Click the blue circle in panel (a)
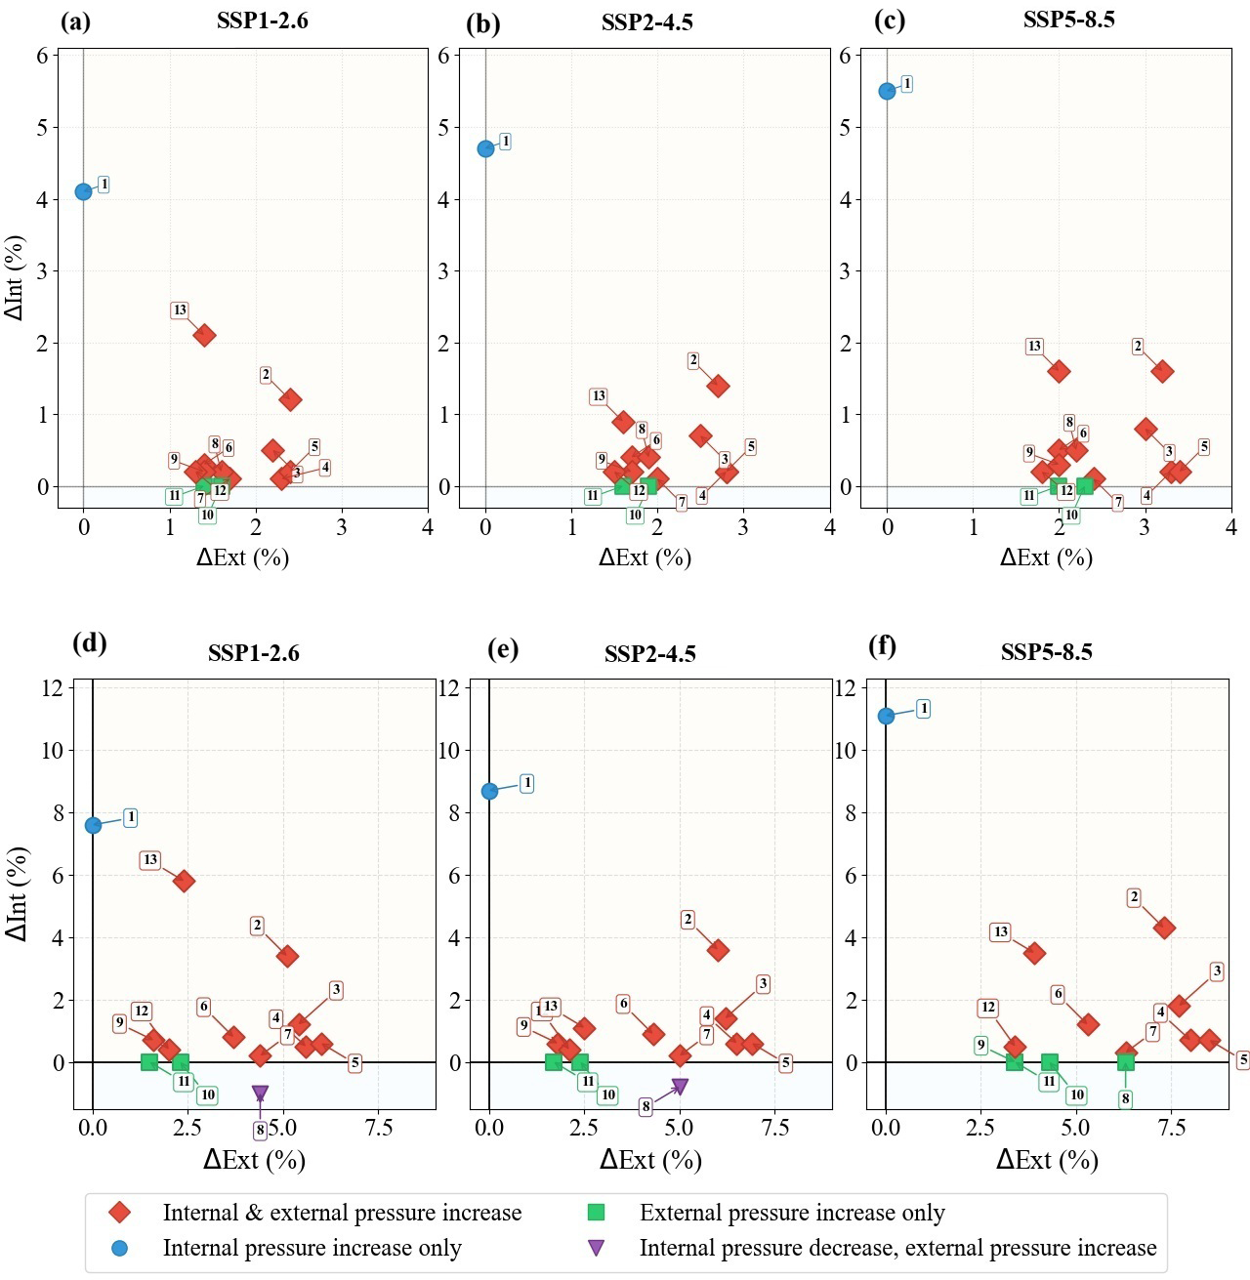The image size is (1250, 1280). (84, 191)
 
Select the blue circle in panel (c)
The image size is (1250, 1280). (887, 91)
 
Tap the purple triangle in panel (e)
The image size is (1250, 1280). (680, 1087)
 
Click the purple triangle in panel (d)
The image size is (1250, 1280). (260, 1094)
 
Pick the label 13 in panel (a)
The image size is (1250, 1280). (180, 310)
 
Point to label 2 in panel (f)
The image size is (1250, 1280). (1134, 897)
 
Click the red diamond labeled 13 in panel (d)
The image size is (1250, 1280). (184, 881)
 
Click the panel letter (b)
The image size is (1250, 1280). (482, 24)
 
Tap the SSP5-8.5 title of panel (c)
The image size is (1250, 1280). (1068, 20)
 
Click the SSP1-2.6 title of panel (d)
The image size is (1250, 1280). (253, 653)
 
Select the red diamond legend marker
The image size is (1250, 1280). (120, 1213)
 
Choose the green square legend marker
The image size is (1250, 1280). (596, 1213)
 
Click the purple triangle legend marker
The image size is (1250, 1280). (596, 1248)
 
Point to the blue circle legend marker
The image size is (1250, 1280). (120, 1248)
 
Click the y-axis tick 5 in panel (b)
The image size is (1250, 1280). (443, 128)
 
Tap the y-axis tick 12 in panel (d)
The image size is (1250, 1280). (52, 688)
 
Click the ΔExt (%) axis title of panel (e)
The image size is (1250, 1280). (650, 1160)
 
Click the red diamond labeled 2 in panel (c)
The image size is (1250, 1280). (1162, 371)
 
